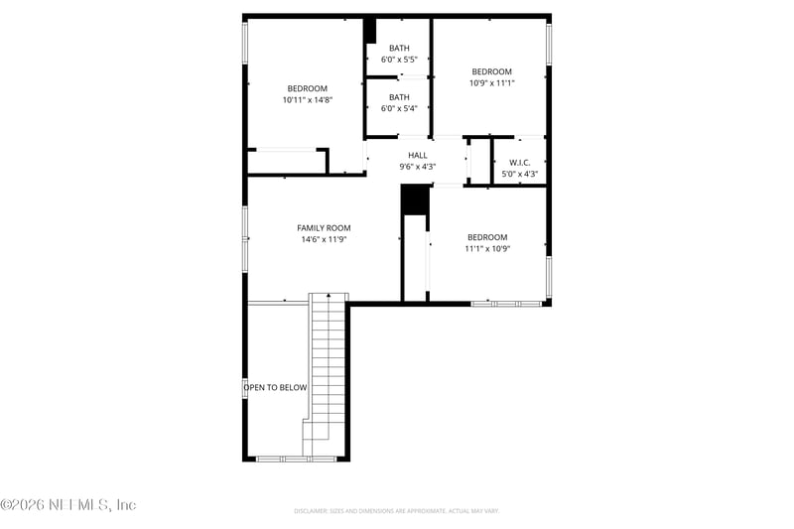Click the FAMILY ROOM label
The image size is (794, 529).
tap(324, 227)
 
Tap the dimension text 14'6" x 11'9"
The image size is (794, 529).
tap(324, 239)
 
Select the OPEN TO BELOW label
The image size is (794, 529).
tap(276, 388)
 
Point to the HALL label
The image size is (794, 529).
tap(418, 155)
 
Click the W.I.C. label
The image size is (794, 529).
tap(520, 163)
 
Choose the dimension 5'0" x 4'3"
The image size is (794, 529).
tap(520, 175)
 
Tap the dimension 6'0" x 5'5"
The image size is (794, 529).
tap(399, 60)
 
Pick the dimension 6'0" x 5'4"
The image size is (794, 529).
tap(399, 108)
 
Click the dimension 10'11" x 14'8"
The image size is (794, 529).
tap(308, 99)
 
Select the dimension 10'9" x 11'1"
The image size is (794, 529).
tap(491, 83)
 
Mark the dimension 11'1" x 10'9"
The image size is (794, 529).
tap(487, 249)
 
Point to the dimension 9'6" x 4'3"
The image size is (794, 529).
tap(418, 167)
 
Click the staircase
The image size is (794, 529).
tap(327, 367)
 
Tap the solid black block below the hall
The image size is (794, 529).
tap(414, 198)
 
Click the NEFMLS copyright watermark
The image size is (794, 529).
tap(68, 505)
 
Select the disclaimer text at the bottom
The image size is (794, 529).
tap(396, 511)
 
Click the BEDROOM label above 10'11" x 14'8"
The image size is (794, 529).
tap(308, 87)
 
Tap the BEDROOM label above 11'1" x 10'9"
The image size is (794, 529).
tap(487, 237)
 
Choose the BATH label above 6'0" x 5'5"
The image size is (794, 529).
tap(399, 48)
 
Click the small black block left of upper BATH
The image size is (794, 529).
tap(369, 30)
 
